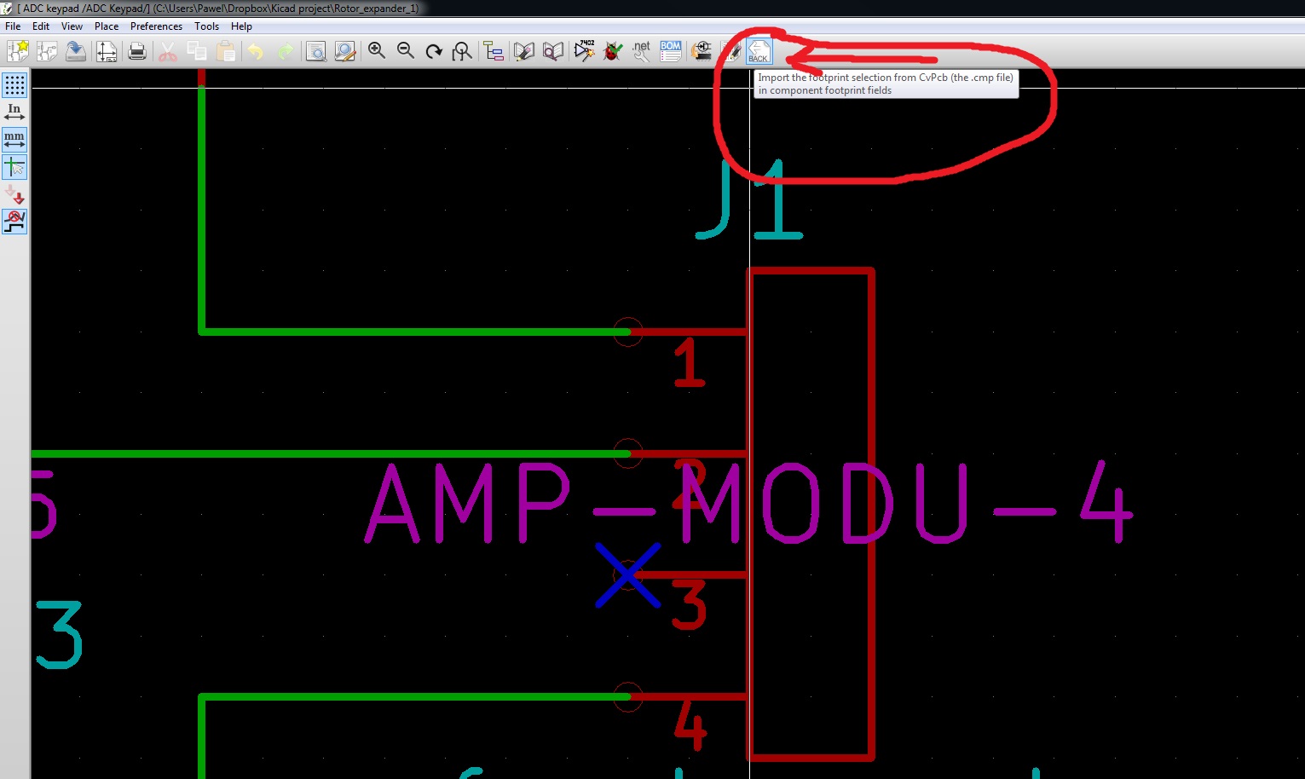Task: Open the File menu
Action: point(13,26)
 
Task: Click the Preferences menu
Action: point(156,26)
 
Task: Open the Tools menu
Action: point(206,26)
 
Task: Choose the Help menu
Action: point(241,26)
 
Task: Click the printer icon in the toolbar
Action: point(136,51)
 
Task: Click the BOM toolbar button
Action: point(671,51)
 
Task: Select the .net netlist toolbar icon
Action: point(641,51)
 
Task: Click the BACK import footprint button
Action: point(759,51)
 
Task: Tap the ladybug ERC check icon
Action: point(612,51)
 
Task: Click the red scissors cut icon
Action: point(168,51)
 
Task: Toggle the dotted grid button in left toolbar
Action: point(14,84)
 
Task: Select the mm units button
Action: point(14,139)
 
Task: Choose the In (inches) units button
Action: point(14,112)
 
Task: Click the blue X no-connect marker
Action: point(628,575)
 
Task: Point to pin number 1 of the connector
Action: point(689,363)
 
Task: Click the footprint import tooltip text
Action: point(885,84)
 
